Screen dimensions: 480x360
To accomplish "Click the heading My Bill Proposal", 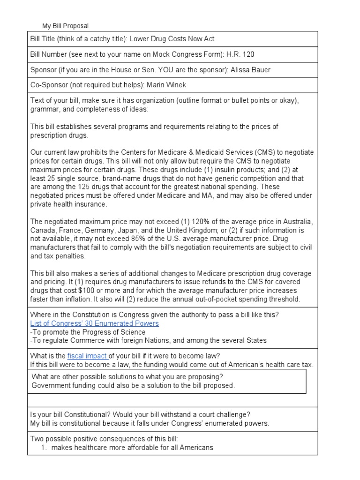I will click(x=65, y=26).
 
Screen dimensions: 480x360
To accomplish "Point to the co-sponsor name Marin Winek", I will click(x=167, y=85).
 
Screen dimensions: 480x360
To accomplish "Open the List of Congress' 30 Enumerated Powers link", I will click(x=94, y=323).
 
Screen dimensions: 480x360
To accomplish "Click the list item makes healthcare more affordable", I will click(x=132, y=448).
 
